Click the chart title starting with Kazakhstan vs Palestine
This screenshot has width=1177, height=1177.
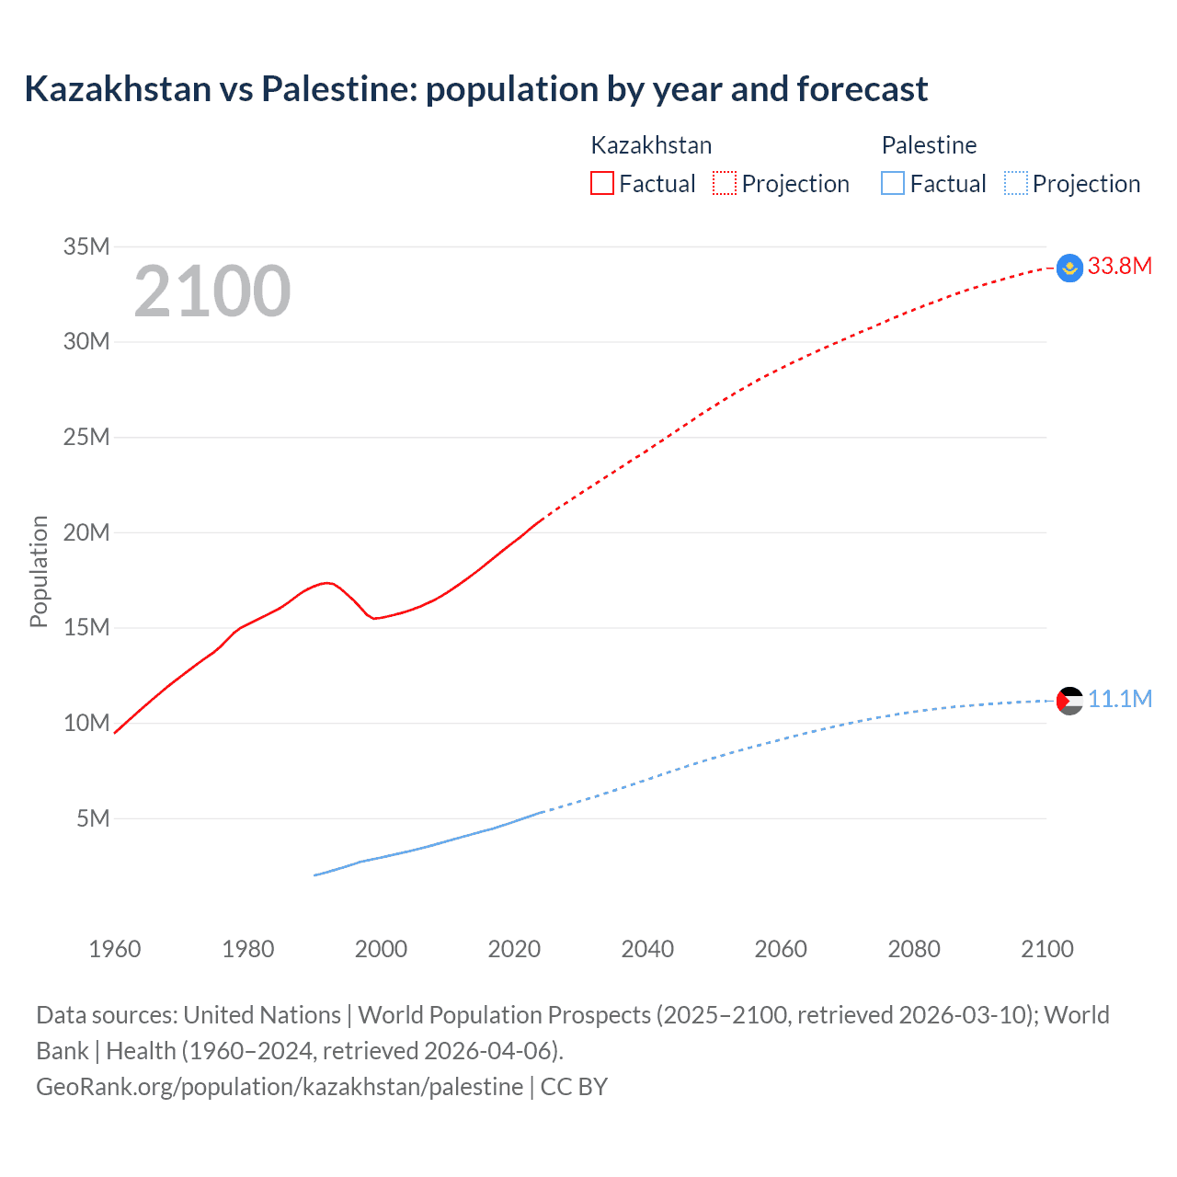click(x=475, y=89)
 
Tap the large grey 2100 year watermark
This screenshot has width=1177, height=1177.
click(x=212, y=291)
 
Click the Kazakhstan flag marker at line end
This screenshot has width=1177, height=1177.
click(x=1069, y=268)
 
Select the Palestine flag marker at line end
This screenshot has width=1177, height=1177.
click(x=1069, y=701)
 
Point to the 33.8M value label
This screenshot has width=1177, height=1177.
click(x=1119, y=267)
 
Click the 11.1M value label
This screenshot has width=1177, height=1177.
click(x=1119, y=700)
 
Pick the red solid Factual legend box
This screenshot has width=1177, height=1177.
click(x=601, y=183)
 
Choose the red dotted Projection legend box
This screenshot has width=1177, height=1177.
click(x=725, y=183)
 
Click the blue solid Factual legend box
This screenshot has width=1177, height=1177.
click(x=892, y=183)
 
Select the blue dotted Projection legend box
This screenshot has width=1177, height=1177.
click(x=1015, y=183)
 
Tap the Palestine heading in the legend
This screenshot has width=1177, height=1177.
click(x=929, y=145)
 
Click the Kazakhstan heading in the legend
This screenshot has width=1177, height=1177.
click(x=651, y=145)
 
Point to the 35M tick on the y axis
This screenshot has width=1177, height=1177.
click(x=86, y=246)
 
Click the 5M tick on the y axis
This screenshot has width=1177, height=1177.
click(x=93, y=818)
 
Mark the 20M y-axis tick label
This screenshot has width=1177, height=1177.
click(x=86, y=532)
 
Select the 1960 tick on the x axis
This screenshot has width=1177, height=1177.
click(x=115, y=949)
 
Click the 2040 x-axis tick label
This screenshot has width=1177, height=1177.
click(x=647, y=949)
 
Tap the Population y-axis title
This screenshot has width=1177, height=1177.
click(x=39, y=571)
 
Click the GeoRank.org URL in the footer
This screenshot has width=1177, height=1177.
click(x=280, y=1087)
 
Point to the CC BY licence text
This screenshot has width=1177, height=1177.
click(x=574, y=1087)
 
